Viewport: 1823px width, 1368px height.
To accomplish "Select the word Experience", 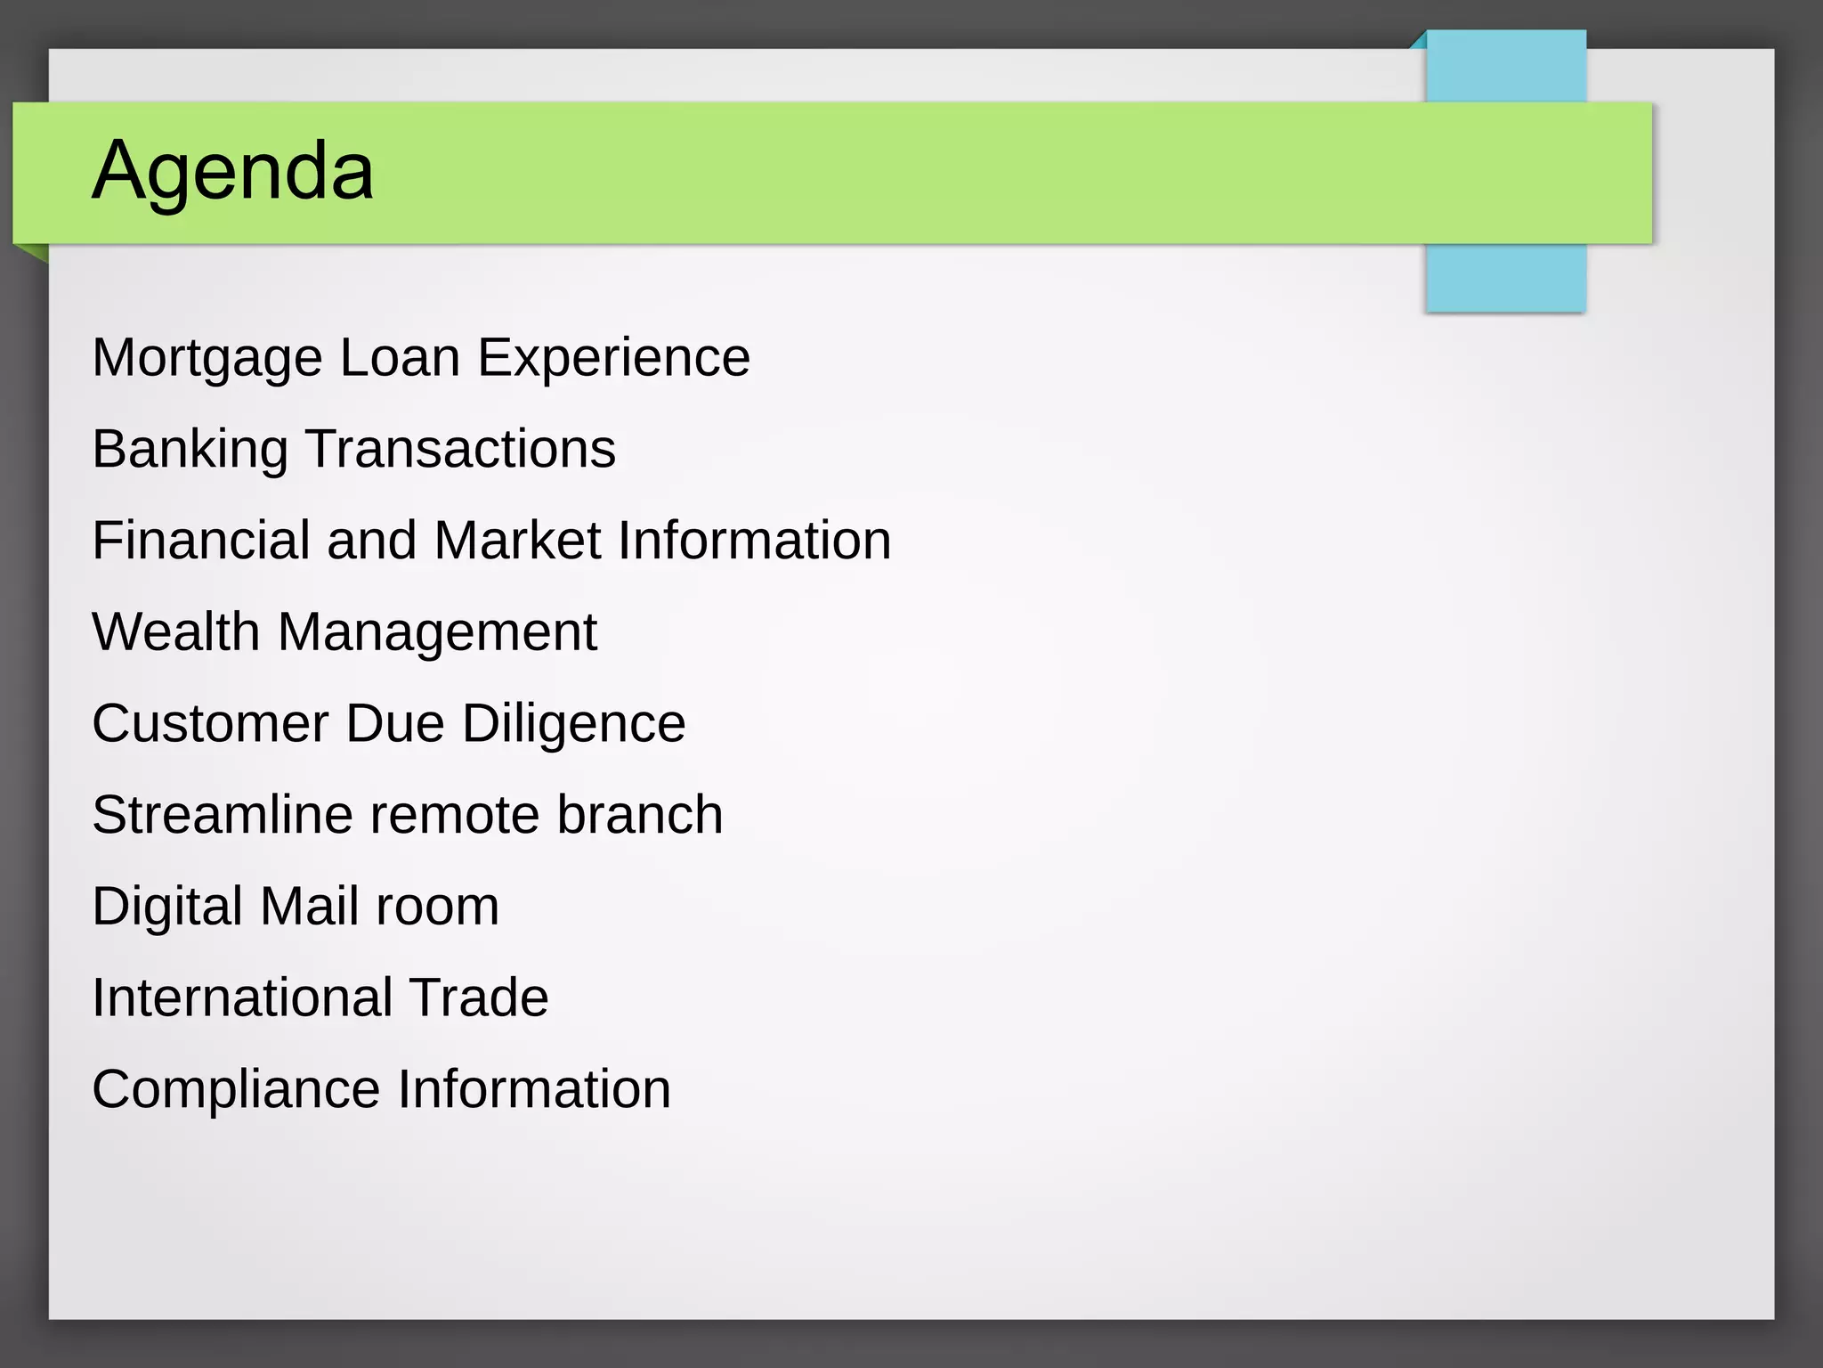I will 613,358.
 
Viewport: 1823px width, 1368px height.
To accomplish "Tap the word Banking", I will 190,449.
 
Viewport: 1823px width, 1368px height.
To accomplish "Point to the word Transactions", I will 460,449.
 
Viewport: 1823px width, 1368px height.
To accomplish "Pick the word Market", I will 517,541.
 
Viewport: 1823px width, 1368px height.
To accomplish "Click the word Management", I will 437,632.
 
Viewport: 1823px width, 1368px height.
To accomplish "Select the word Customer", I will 210,723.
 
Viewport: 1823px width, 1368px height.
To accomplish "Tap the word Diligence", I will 573,723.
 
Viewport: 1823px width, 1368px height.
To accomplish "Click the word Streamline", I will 223,815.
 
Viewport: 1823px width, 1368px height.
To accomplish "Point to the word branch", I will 639,815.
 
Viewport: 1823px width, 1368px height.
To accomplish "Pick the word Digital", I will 167,907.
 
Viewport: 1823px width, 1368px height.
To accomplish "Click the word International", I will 240,997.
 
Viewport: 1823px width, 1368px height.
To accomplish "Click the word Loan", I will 400,358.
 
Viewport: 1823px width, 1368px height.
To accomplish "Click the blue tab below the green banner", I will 1505,277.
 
